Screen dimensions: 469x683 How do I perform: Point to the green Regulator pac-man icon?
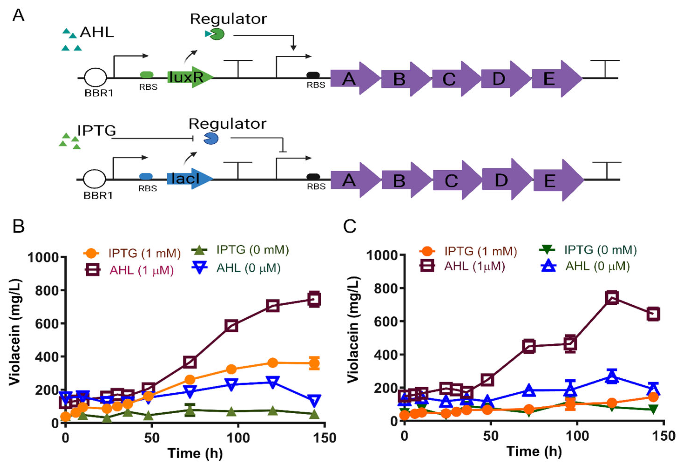pos(217,34)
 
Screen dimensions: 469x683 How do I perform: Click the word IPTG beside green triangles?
pos(96,130)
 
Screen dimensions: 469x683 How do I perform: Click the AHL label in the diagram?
pos(97,32)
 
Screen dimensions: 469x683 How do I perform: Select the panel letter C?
pos(350,226)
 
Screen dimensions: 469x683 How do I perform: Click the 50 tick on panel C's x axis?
pos(491,436)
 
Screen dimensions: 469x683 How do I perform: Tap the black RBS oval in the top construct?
pos(313,75)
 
